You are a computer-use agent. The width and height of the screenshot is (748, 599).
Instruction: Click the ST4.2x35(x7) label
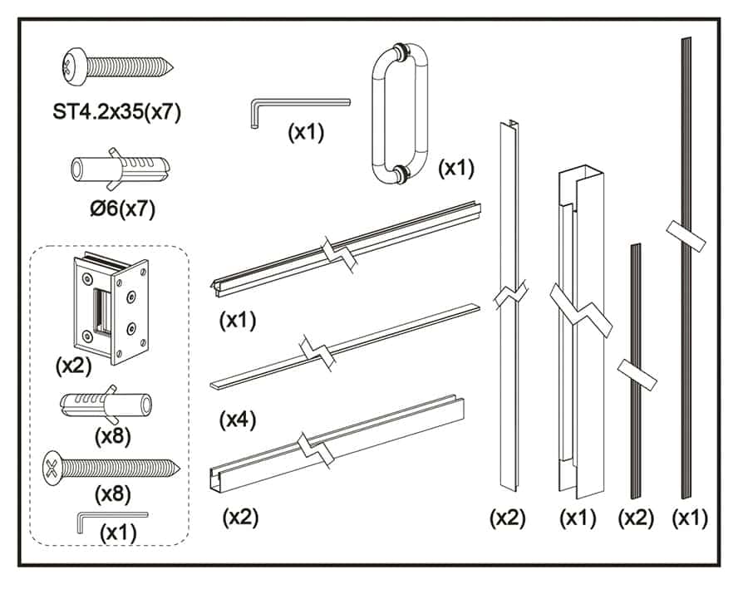tap(117, 112)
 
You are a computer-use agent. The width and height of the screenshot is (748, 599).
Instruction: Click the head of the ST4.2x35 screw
tap(75, 66)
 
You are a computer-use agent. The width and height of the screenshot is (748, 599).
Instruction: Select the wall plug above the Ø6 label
tap(120, 169)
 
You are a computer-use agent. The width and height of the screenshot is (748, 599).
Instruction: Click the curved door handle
tap(400, 114)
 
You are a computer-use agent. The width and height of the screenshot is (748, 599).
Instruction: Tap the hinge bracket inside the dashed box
tap(111, 308)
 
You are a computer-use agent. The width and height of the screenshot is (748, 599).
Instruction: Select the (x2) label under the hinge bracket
tap(73, 366)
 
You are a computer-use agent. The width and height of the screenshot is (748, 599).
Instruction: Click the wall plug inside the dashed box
tap(106, 405)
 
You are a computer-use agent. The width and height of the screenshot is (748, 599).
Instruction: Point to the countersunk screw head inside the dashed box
tap(52, 469)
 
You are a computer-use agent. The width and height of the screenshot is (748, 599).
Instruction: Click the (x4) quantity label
tap(238, 420)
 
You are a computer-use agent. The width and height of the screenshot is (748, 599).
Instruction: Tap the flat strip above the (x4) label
tap(345, 346)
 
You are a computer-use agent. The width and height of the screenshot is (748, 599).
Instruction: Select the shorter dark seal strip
tap(636, 371)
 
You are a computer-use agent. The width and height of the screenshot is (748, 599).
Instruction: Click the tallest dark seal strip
tap(686, 268)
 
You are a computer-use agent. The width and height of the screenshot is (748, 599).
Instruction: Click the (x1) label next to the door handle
tap(456, 168)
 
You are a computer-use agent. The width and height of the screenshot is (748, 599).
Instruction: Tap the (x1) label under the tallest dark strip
tap(690, 518)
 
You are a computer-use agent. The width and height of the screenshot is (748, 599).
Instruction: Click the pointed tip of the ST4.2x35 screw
tap(172, 68)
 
